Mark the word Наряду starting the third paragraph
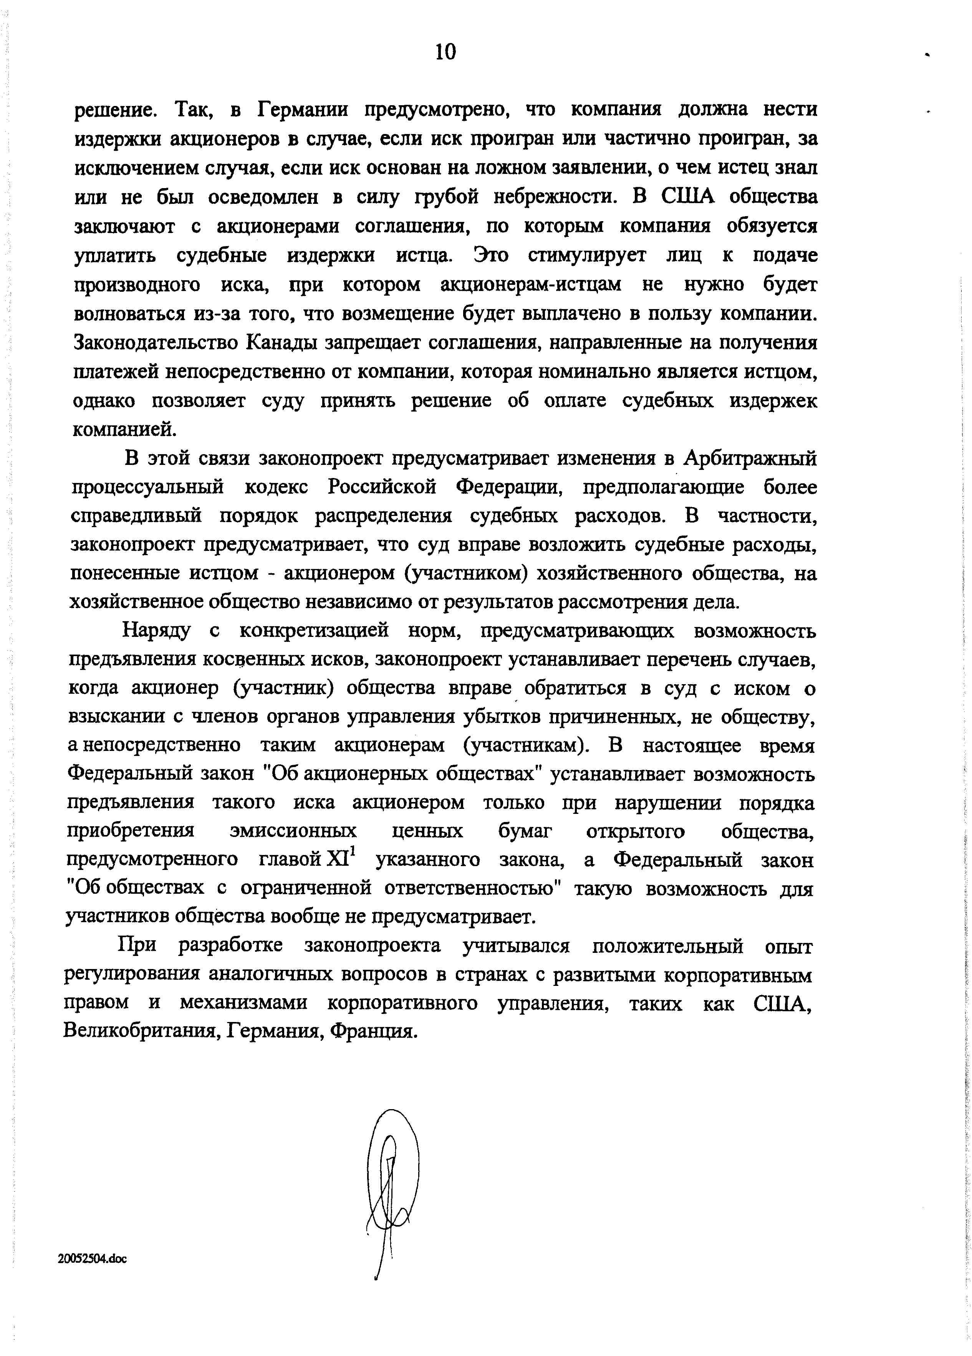tap(157, 631)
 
